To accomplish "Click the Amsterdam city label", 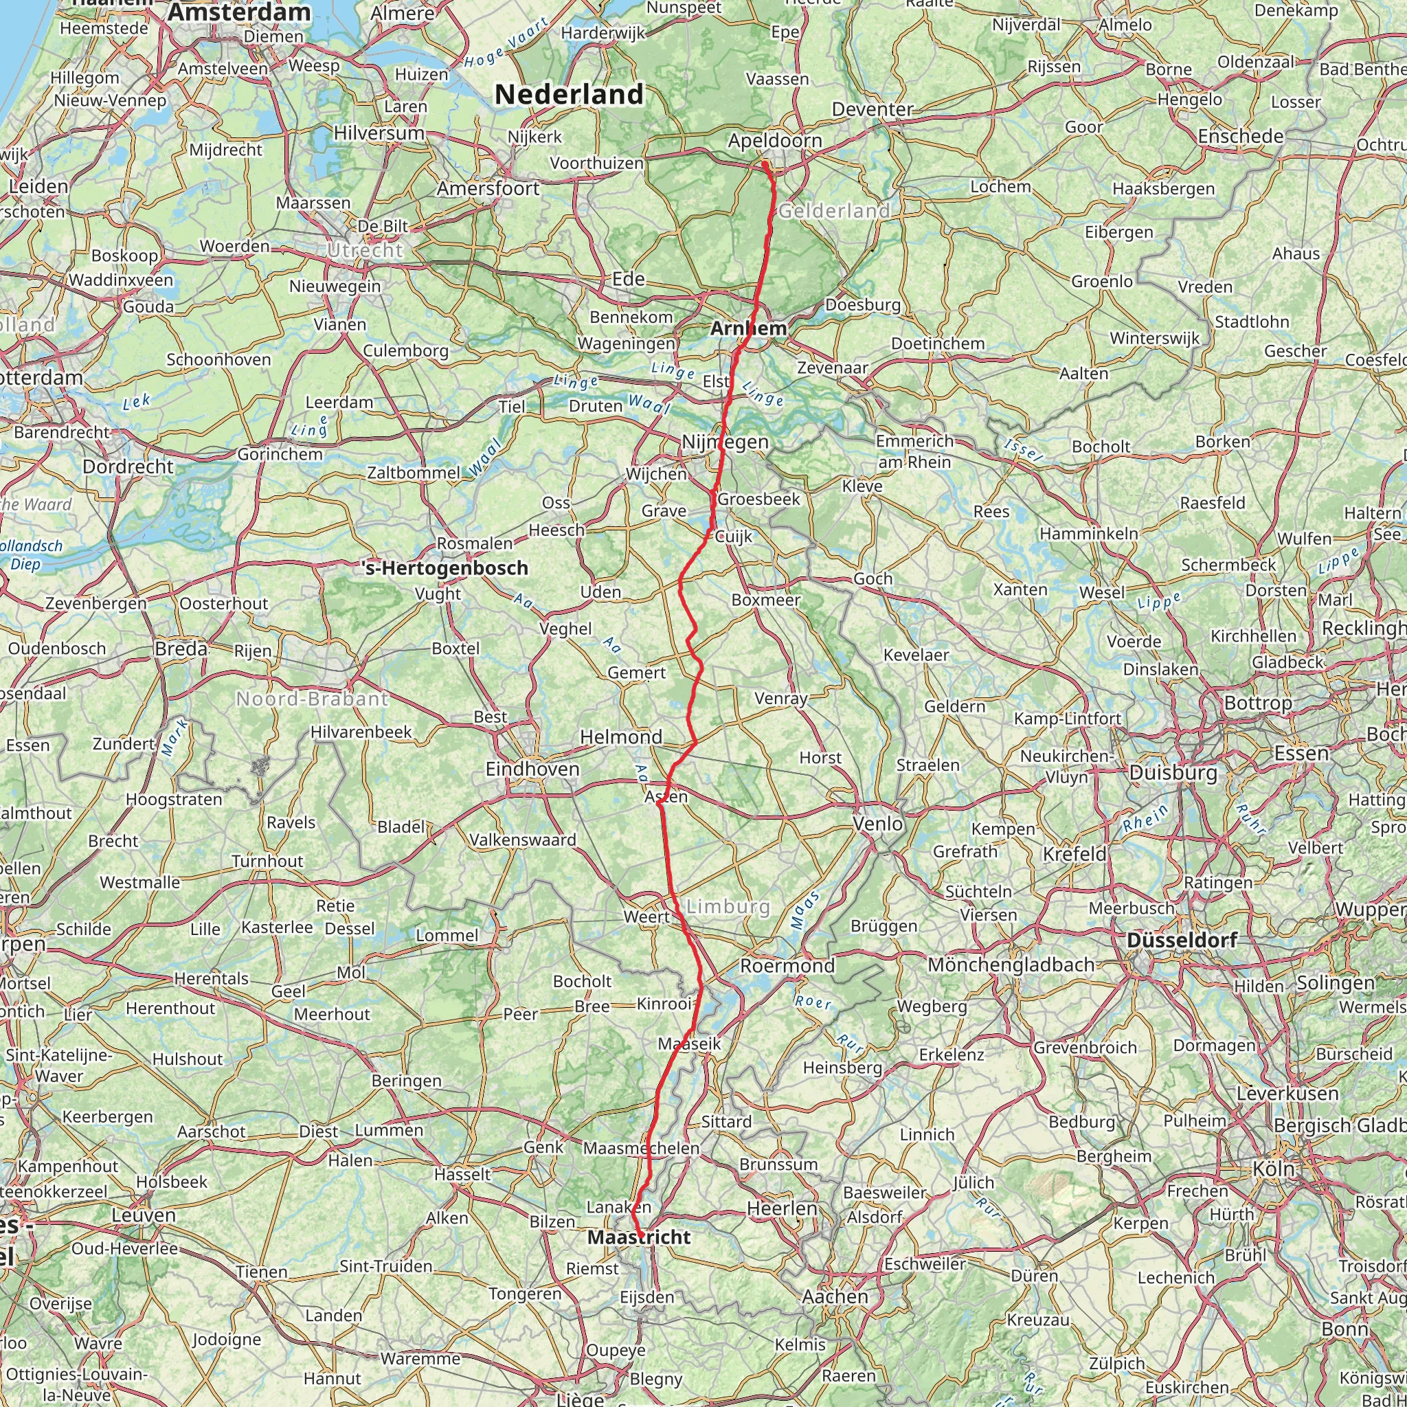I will click(239, 12).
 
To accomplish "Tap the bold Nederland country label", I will click(569, 95).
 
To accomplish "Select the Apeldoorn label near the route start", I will click(775, 141).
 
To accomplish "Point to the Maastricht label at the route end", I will click(639, 1237).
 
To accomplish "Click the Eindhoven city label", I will click(532, 769).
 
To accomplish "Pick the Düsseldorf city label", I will click(1181, 941).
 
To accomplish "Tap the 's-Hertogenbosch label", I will click(445, 568).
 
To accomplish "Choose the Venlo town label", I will click(877, 824).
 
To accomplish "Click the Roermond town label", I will click(787, 967).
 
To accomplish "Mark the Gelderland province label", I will click(834, 211).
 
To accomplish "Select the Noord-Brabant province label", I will click(312, 699).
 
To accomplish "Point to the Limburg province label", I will click(728, 907).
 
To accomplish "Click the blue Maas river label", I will click(805, 910).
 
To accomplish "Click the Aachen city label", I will click(835, 1297).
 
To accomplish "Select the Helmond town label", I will click(620, 737).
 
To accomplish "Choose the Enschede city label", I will click(1240, 136).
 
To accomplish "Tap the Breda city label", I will click(181, 648).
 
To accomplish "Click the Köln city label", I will click(1273, 1169).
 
